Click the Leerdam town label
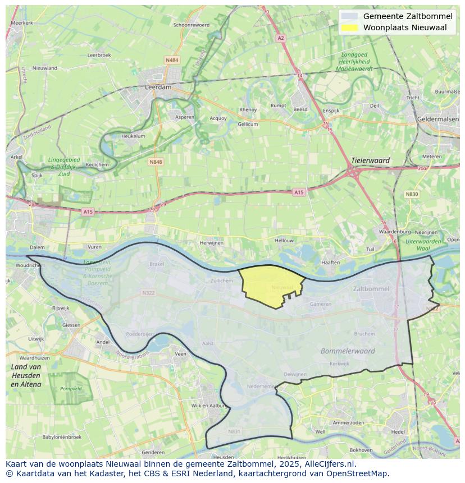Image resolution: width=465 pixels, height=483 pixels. (158, 88)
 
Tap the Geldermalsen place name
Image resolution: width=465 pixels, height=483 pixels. (439, 119)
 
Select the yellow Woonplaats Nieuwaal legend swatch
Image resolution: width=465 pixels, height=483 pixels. (349, 27)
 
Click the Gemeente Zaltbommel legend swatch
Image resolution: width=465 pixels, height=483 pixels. (349, 16)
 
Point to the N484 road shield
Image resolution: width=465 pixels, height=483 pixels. (172, 60)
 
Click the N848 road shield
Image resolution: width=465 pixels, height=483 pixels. (156, 162)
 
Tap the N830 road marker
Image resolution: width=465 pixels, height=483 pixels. (412, 194)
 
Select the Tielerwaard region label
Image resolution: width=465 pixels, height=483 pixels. (370, 160)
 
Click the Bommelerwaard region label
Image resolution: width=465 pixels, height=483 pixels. (348, 351)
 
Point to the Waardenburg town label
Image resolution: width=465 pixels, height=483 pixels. (393, 231)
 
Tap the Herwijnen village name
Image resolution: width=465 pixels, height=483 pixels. (212, 243)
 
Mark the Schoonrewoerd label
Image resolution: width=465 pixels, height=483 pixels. (192, 25)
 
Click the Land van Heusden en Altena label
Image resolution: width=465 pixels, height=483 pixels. (26, 375)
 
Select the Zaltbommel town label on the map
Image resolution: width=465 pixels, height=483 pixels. (371, 289)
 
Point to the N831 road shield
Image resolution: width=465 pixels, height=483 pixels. (234, 431)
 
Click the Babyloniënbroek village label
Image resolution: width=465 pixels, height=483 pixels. (62, 437)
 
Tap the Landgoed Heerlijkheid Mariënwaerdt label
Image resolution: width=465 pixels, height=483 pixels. (354, 61)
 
